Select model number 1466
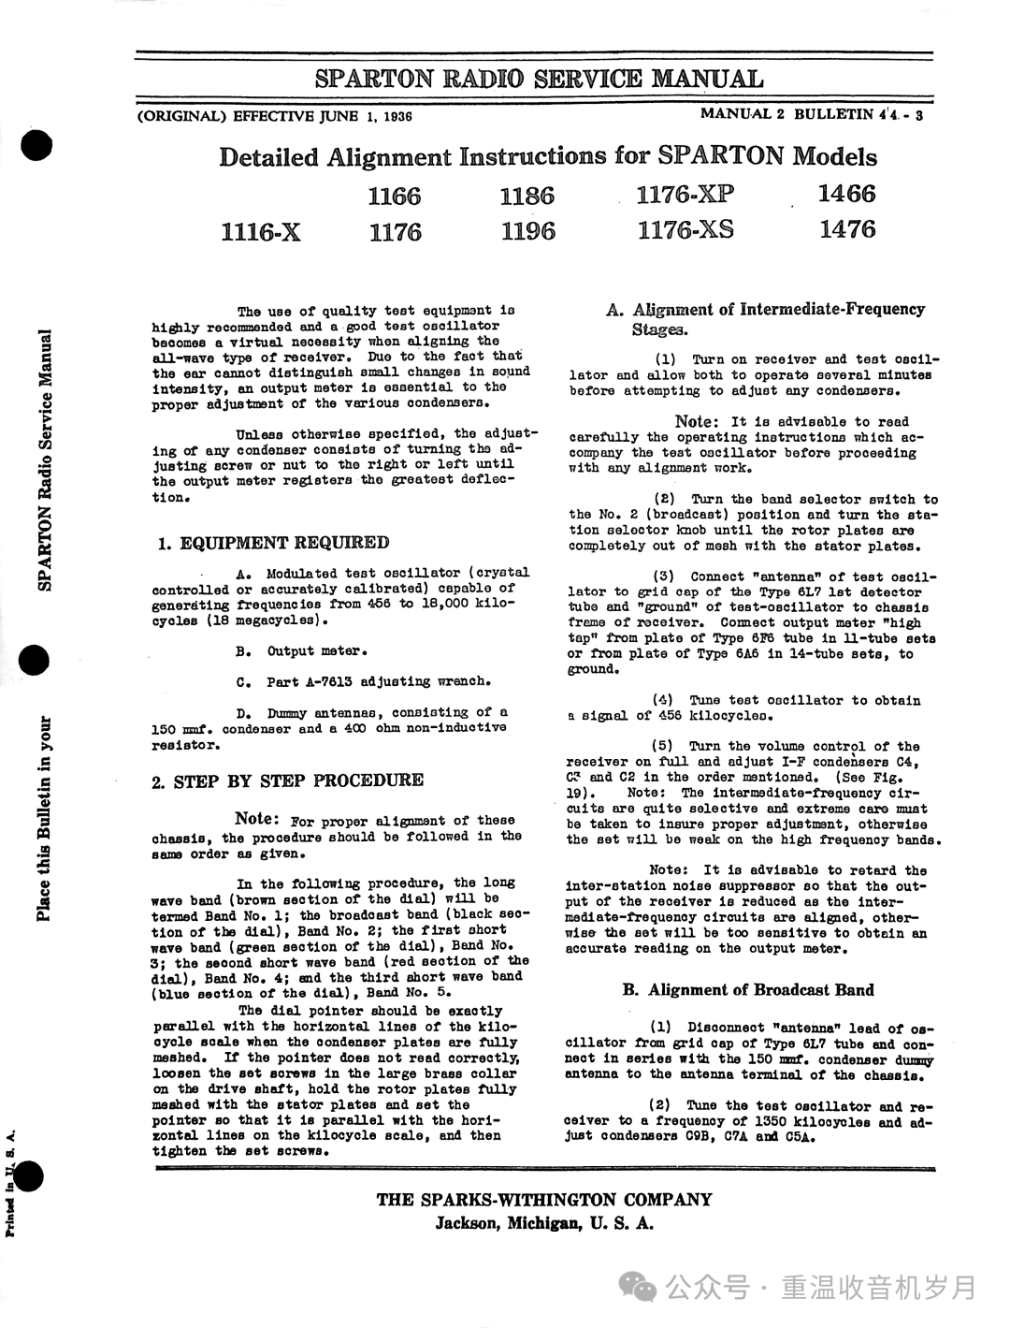point(846,194)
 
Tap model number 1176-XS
point(685,230)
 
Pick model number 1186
point(527,196)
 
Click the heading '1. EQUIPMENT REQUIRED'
point(271,543)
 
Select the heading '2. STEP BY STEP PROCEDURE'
point(287,781)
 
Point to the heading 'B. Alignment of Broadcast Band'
point(748,989)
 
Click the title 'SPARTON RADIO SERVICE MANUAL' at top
point(539,79)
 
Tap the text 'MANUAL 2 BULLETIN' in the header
point(786,114)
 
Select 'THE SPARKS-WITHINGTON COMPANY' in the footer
point(543,1200)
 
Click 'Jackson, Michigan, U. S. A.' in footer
point(543,1224)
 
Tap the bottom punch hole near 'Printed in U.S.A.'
point(31,1176)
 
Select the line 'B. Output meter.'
point(302,651)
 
